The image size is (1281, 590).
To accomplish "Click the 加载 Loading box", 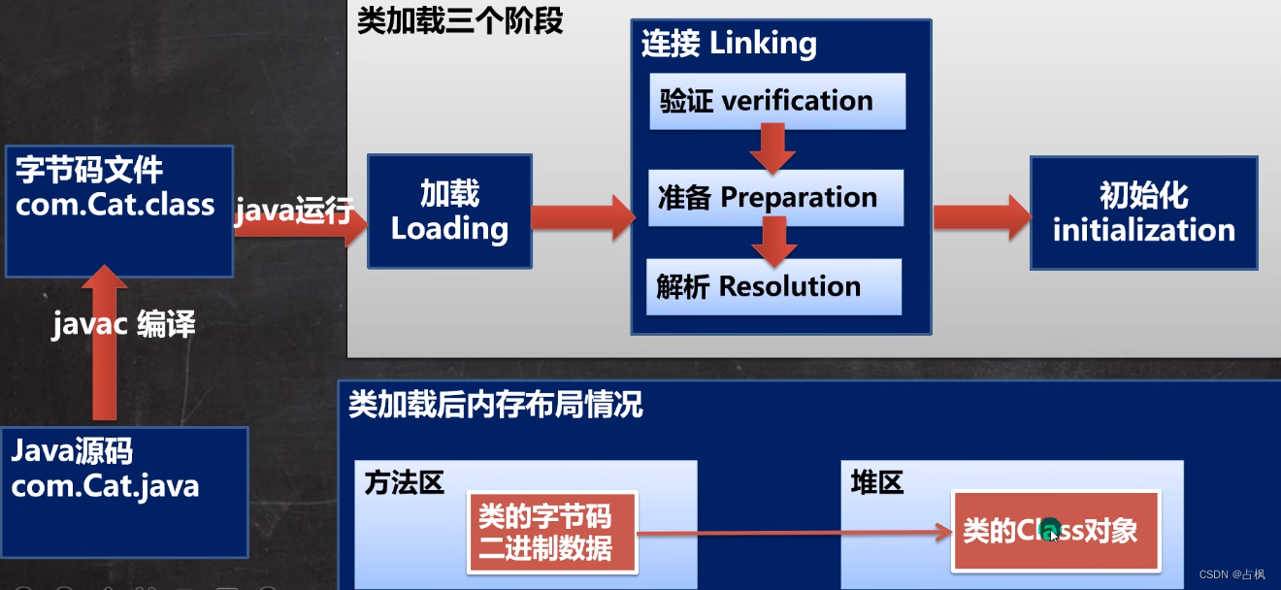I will click(449, 212).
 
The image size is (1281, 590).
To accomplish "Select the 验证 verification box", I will click(777, 101).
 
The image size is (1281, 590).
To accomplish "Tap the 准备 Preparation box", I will click(775, 198).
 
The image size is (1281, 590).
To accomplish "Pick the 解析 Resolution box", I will click(773, 286).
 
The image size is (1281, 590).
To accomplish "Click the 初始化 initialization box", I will click(1143, 213).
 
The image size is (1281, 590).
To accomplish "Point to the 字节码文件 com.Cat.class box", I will click(118, 211).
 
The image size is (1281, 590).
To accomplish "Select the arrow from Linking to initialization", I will click(981, 216).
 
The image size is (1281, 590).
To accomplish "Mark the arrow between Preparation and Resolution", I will click(773, 241).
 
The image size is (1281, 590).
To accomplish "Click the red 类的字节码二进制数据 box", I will click(553, 532).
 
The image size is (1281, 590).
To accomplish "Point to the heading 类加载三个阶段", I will click(460, 21).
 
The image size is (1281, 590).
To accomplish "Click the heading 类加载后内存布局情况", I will click(495, 405).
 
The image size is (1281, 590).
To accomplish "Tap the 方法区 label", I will click(404, 482).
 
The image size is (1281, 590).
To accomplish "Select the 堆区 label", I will click(876, 482).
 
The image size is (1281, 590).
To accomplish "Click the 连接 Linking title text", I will click(729, 44).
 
